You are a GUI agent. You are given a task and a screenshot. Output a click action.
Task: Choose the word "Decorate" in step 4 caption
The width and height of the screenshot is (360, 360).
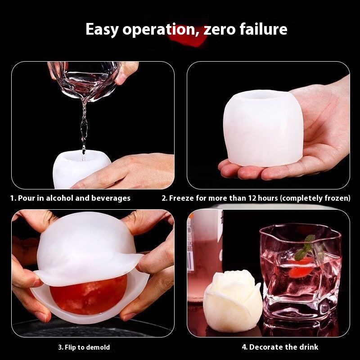coord(265,347)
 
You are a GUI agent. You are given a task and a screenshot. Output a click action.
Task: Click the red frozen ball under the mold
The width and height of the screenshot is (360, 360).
coord(89,296)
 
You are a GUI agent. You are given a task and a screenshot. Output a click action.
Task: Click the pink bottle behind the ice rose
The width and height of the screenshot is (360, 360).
coord(204,255)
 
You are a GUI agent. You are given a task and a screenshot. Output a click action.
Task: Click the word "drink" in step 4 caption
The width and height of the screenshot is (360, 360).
coord(307,347)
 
